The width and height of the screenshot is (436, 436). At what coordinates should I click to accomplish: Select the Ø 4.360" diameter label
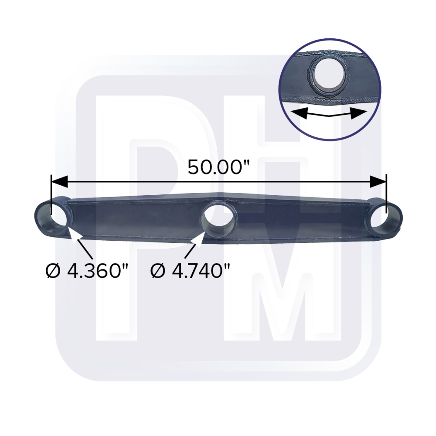point(87,271)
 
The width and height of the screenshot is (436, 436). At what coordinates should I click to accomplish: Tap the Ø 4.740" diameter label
point(190,271)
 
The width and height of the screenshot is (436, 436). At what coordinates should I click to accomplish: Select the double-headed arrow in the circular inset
point(329,113)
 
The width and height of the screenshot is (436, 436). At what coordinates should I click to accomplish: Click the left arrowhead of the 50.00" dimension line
point(59,182)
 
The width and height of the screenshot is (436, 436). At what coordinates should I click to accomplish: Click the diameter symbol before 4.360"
point(52,271)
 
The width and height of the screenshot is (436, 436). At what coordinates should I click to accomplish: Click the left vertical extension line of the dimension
point(51,192)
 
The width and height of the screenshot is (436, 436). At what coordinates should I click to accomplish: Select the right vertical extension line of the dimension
point(386,192)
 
